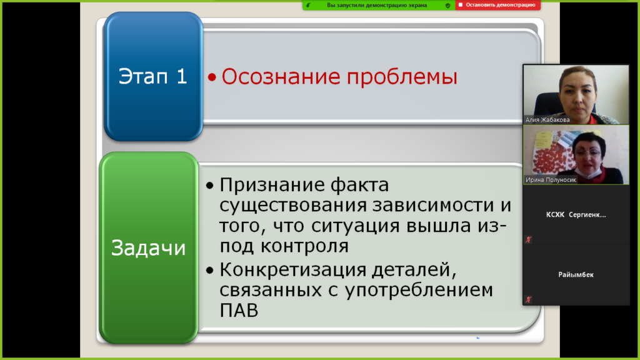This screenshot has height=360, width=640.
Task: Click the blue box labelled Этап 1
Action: (153, 76)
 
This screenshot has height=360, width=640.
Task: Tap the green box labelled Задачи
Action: (149, 247)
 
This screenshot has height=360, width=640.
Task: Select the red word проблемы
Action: (402, 77)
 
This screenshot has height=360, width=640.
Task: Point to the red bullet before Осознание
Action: (212, 77)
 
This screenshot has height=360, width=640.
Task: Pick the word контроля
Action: (304, 246)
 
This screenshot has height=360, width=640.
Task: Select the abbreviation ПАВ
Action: (239, 310)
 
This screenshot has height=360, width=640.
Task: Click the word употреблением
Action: (419, 291)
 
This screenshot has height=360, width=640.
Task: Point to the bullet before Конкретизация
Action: (210, 270)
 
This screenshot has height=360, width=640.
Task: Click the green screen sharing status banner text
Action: (377, 5)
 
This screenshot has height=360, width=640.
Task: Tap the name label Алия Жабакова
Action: (547, 119)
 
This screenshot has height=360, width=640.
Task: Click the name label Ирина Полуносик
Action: (551, 179)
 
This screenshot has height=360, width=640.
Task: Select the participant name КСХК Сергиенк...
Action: (576, 215)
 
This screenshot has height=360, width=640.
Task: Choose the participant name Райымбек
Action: (576, 275)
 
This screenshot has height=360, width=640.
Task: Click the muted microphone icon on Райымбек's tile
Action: (528, 299)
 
